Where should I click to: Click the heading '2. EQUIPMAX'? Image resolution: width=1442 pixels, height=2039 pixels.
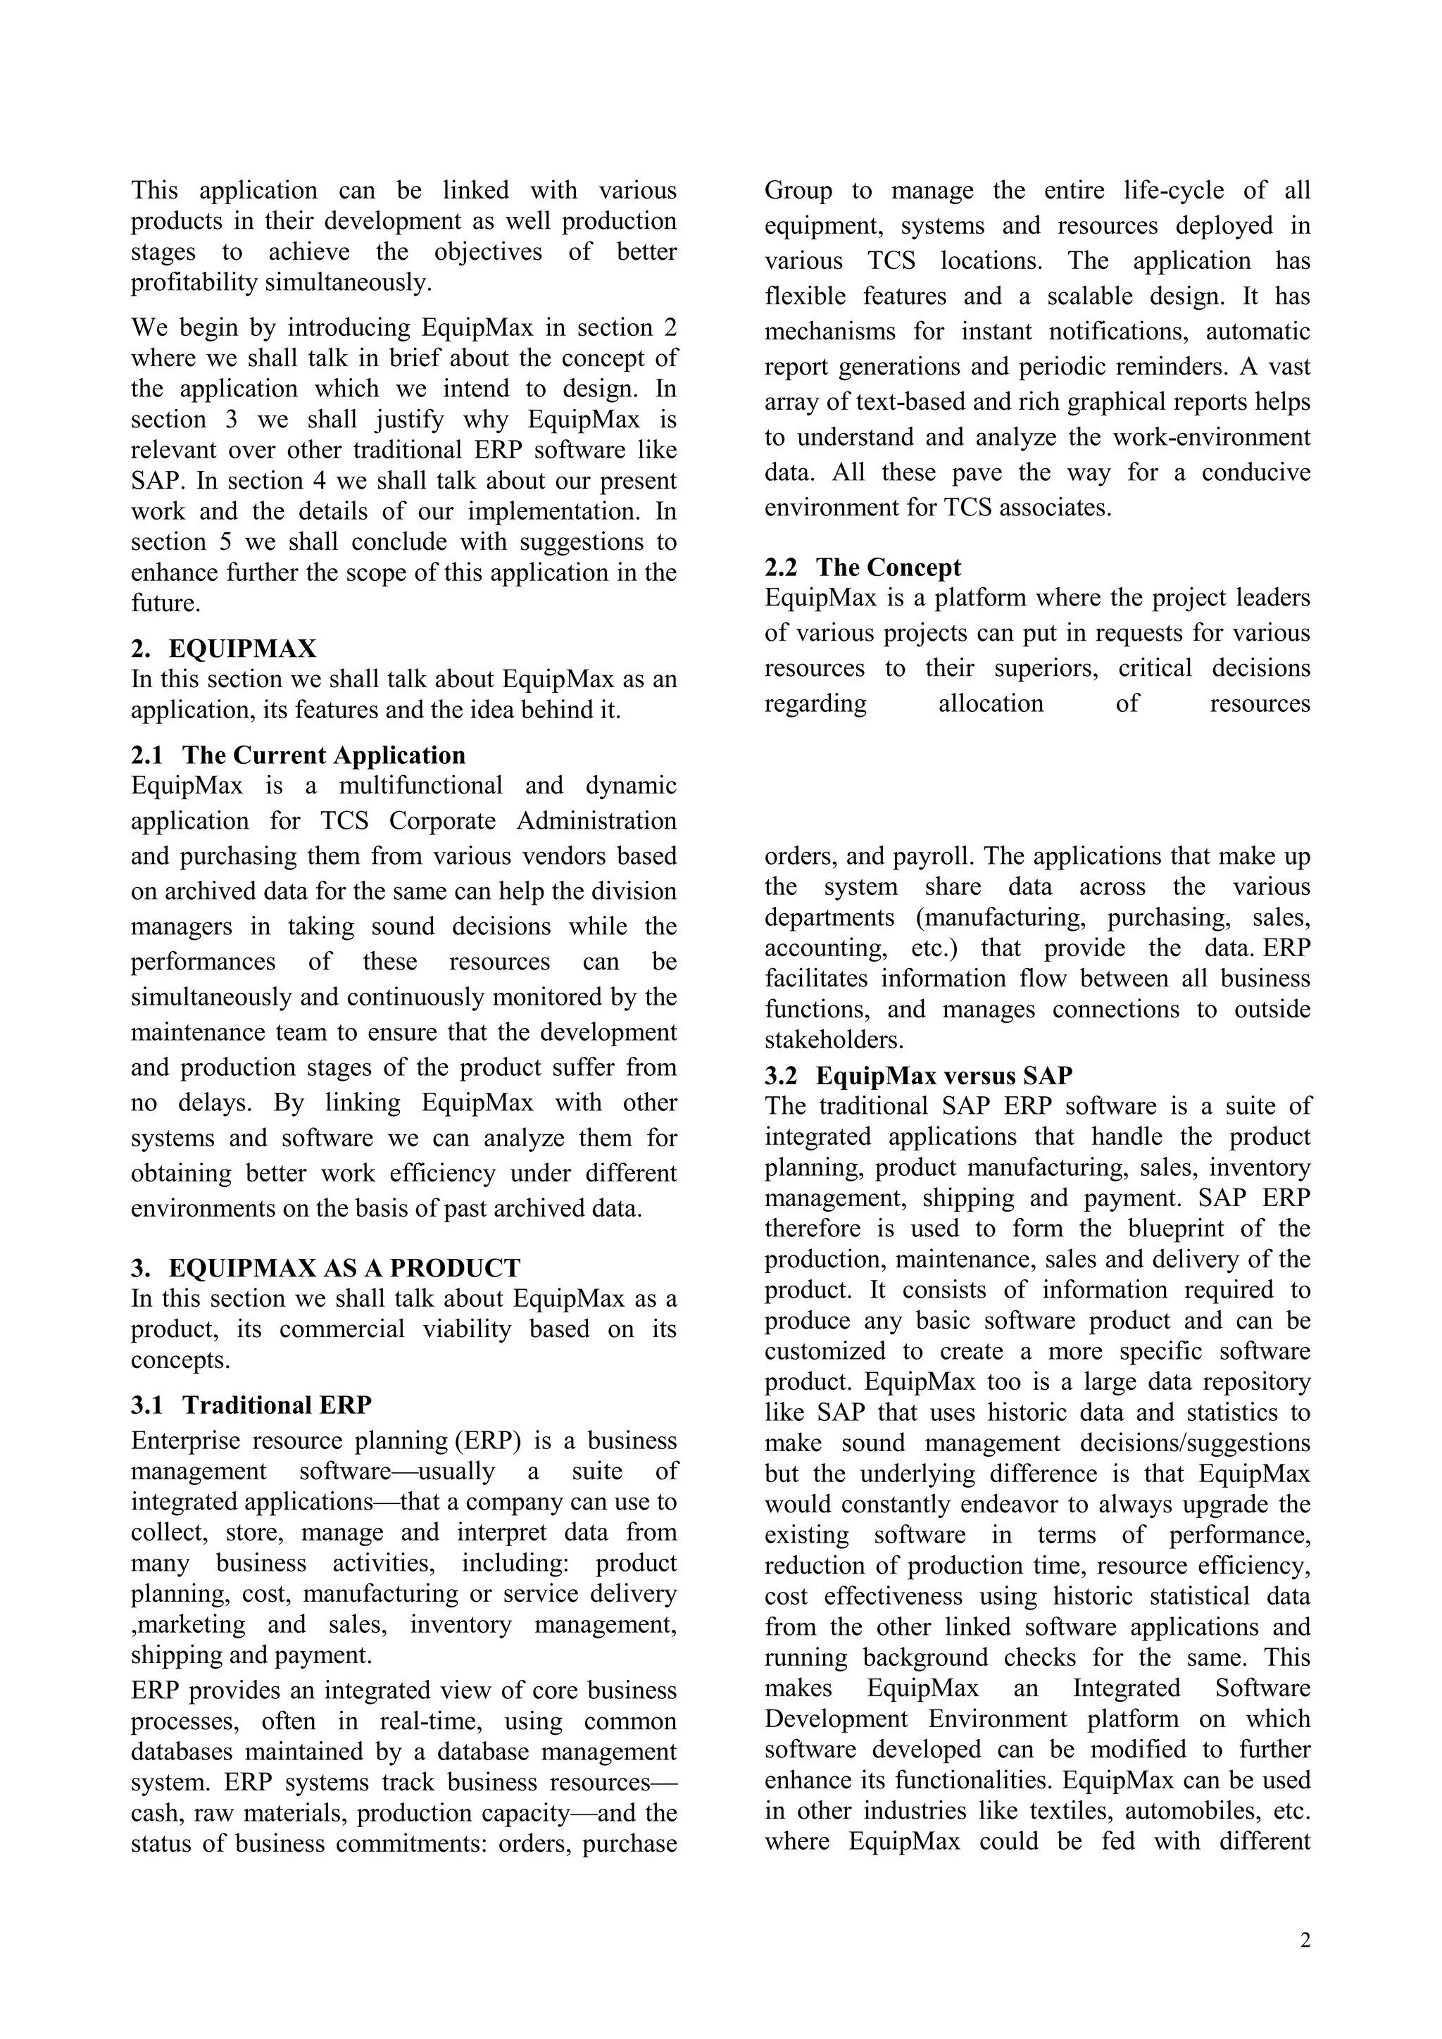coord(224,648)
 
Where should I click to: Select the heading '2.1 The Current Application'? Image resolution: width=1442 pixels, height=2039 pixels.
coord(299,755)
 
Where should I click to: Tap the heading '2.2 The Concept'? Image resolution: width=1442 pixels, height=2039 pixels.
coord(863,567)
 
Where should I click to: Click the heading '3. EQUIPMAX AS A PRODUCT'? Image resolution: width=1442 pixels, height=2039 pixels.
coord(326,1267)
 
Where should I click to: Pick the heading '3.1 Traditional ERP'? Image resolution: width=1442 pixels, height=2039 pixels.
coord(251,1405)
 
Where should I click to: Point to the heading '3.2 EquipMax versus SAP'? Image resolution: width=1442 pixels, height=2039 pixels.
coord(919,1075)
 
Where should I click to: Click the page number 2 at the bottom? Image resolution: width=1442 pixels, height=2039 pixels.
coord(1305,1940)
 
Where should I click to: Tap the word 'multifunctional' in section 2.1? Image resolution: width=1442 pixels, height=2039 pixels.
coord(420,786)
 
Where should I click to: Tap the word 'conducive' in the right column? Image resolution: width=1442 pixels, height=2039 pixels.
coord(1255,472)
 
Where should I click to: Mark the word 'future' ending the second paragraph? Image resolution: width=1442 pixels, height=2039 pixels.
coord(163,603)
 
